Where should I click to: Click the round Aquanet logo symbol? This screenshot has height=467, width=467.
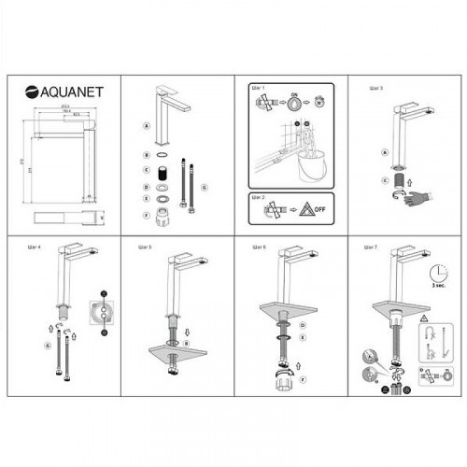click(x=30, y=92)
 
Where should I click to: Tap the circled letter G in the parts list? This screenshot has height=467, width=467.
click(x=205, y=188)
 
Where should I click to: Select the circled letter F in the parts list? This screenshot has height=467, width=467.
click(x=147, y=216)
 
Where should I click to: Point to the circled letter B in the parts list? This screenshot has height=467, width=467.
click(x=147, y=154)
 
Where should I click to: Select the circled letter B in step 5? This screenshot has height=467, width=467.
click(x=188, y=343)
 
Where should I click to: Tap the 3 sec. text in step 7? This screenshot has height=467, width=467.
click(x=432, y=291)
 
